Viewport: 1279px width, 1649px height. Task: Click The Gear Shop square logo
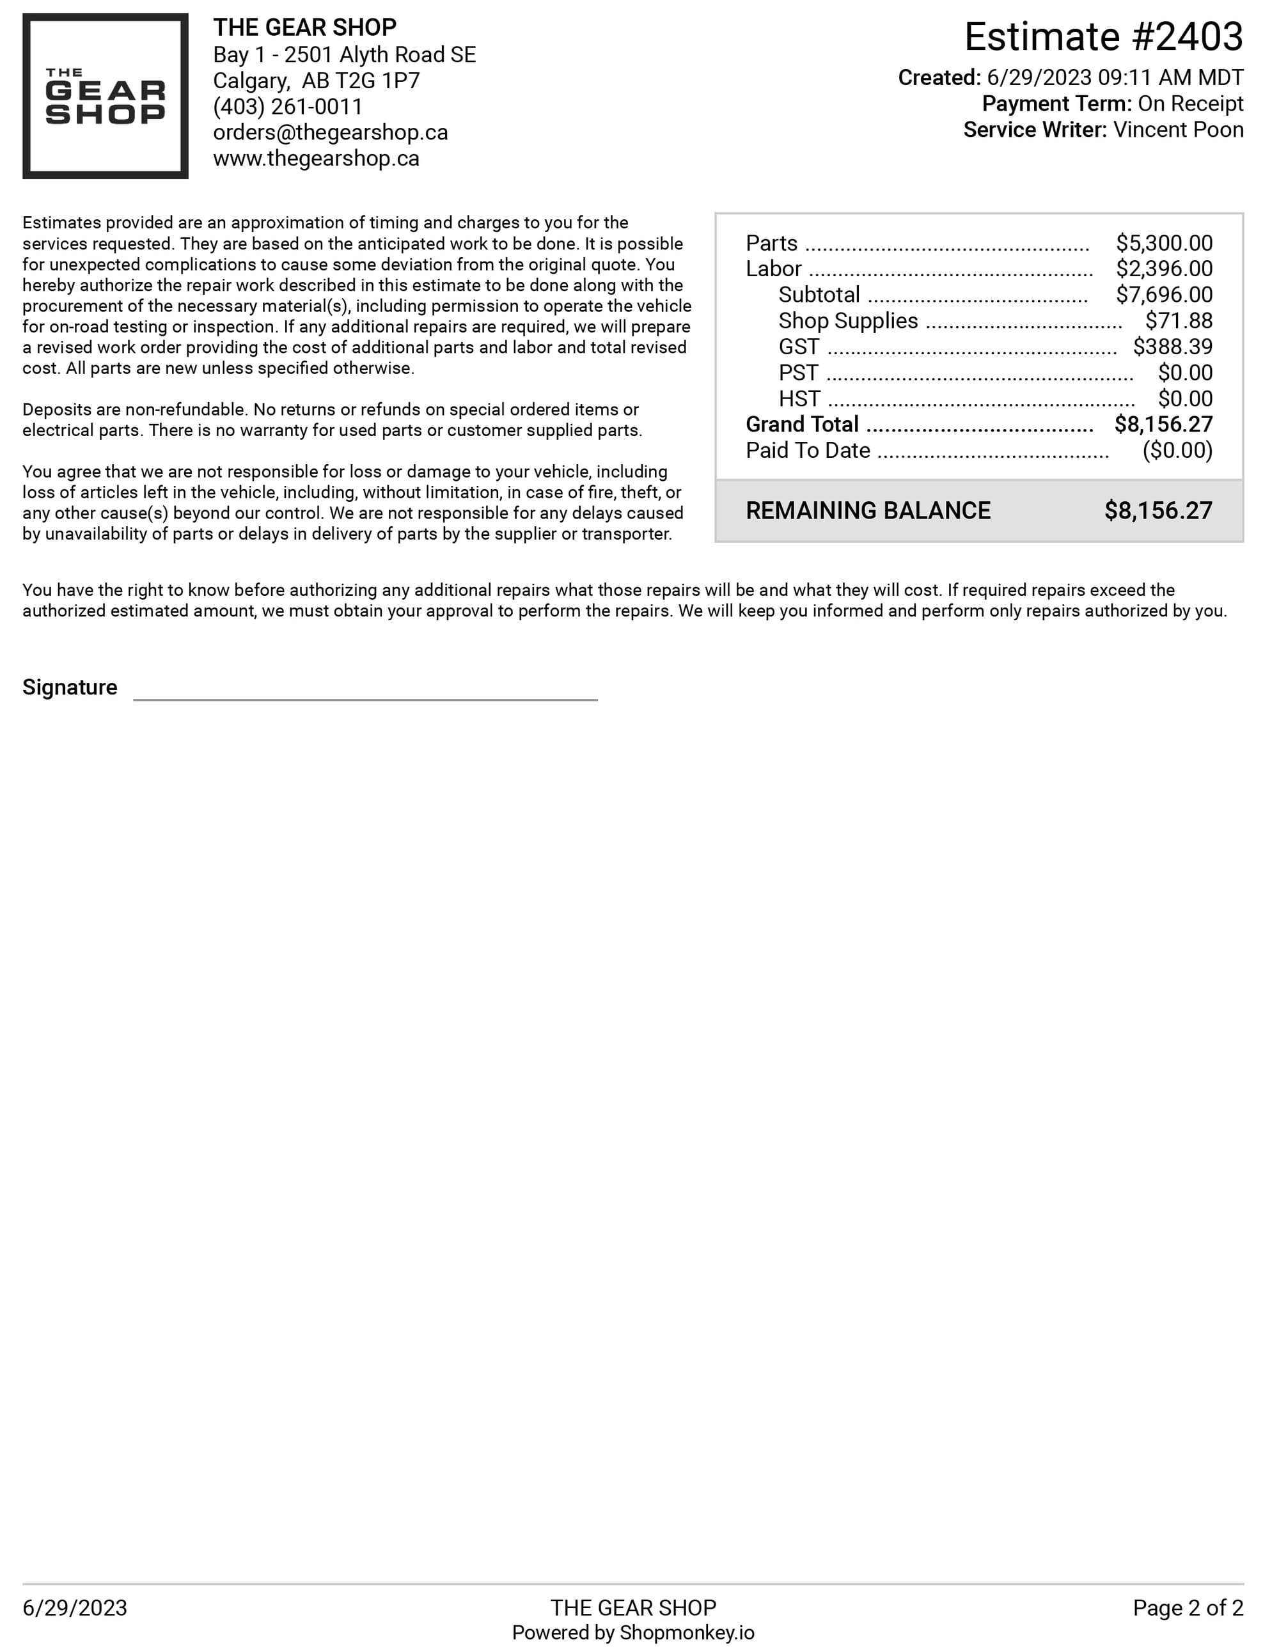pos(105,96)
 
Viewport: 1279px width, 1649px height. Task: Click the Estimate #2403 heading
pos(1103,36)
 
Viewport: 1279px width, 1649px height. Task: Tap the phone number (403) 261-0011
pos(288,107)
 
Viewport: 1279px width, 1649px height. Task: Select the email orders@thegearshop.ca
pos(330,132)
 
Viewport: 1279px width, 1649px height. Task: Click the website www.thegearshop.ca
pos(316,159)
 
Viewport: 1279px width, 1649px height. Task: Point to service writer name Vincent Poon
pos(1178,130)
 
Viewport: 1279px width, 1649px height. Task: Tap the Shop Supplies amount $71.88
pos(1178,321)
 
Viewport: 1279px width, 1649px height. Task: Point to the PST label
pos(798,373)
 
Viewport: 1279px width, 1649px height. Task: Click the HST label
pos(799,398)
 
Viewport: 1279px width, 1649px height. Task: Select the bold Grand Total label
pos(802,425)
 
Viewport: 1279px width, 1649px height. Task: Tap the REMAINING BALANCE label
pos(868,511)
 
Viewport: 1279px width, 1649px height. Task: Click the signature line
pos(365,698)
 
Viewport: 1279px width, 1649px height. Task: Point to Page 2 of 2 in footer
pos(1187,1608)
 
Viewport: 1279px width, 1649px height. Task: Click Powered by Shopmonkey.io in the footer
pos(632,1633)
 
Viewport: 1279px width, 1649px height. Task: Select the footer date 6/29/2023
pos(75,1608)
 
